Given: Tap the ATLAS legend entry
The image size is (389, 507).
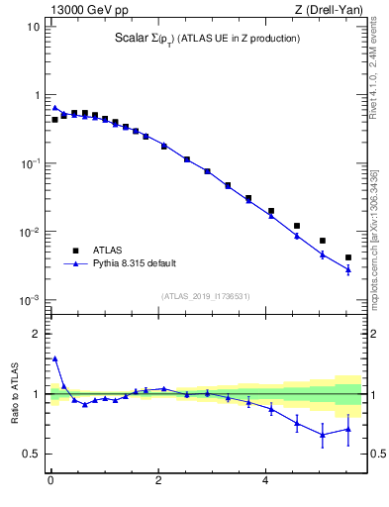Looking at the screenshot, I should pyautogui.click(x=109, y=250).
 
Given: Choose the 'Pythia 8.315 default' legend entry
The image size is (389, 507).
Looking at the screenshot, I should pyautogui.click(x=134, y=263).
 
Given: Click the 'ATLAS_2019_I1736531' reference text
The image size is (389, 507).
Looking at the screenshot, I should pyautogui.click(x=204, y=295).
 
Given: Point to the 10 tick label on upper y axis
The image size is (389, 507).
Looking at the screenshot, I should pyautogui.click(x=32, y=27).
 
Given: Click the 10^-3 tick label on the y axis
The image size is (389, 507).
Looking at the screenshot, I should pyautogui.click(x=30, y=300).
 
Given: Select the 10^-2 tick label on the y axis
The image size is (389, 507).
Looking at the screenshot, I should pyautogui.click(x=30, y=232).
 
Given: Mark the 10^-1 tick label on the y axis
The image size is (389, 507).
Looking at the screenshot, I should pyautogui.click(x=30, y=163).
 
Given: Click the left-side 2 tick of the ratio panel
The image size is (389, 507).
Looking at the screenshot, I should pyautogui.click(x=36, y=335).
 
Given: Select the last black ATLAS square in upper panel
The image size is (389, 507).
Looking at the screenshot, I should pyautogui.click(x=347, y=257).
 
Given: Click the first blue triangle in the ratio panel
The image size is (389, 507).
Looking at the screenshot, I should pyautogui.click(x=54, y=358).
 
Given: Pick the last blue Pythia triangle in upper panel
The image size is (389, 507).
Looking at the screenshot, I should pyautogui.click(x=347, y=269).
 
